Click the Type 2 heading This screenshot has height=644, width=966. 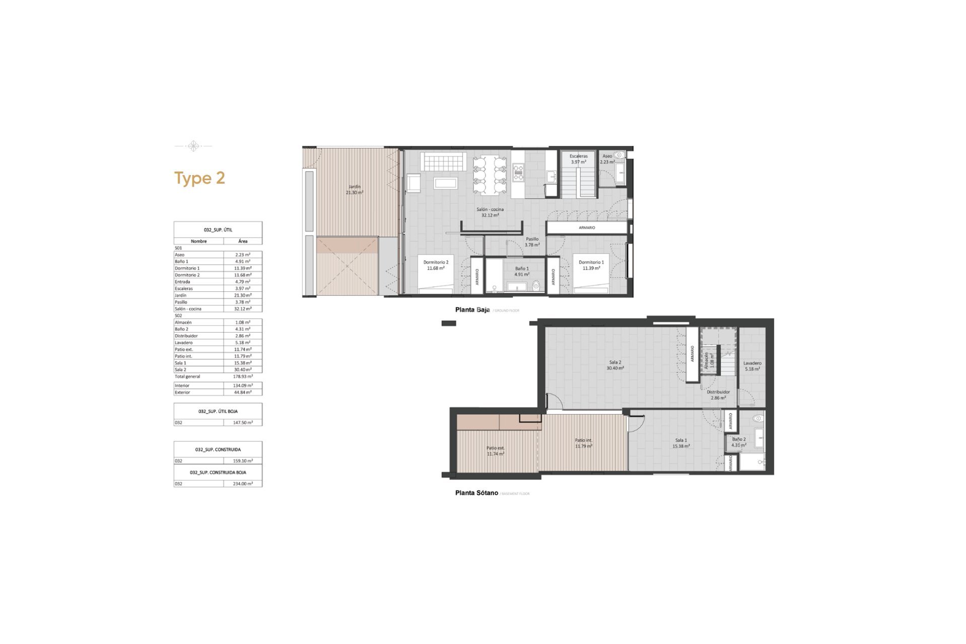click(199, 178)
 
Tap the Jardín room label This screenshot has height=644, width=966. click(354, 190)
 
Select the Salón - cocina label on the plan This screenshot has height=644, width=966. click(490, 212)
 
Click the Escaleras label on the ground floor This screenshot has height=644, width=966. click(579, 156)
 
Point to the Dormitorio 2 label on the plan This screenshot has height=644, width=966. click(436, 265)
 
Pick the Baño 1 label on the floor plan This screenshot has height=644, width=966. click(522, 272)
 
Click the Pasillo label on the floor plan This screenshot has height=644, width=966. click(532, 242)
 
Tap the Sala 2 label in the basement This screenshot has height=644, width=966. click(615, 365)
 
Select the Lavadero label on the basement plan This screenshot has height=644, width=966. click(752, 366)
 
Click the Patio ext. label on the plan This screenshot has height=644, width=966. click(496, 451)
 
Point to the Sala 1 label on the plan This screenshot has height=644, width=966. click(681, 443)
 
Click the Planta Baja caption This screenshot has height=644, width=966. click(472, 310)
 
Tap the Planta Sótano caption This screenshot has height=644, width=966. click(476, 493)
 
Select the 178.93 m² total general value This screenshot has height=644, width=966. click(243, 376)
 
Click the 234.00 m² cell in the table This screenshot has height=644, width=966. click(243, 484)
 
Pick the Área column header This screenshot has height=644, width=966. click(243, 242)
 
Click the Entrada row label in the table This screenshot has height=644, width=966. click(183, 282)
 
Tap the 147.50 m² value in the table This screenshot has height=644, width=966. click(243, 423)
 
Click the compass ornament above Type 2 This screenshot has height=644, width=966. click(193, 146)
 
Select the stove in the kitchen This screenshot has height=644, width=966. click(518, 173)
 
